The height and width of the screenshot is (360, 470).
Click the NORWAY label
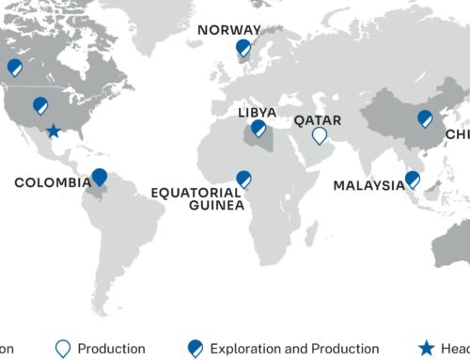pos(229,30)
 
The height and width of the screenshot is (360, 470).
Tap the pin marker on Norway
pos(243,47)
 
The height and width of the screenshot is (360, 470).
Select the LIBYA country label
pos(257,112)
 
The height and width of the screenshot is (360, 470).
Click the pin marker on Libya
pos(258,129)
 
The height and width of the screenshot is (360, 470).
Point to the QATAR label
pos(318,120)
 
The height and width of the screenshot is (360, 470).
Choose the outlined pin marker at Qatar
pos(320,136)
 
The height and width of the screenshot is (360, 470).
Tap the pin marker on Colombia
pos(100,177)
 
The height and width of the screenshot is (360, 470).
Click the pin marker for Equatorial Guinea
pos(243,179)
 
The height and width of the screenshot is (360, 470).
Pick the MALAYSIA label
pos(368,185)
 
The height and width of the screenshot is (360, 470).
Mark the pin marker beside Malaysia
pos(412,180)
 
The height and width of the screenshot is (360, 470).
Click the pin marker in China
pos(425,118)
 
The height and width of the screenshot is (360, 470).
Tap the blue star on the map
pos(54,131)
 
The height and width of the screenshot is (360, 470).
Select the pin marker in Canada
pos(14,68)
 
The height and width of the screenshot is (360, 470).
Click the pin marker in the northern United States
pos(40,105)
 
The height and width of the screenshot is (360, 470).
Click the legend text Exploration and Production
pos(295,349)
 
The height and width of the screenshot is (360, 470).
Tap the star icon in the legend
pos(427,349)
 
